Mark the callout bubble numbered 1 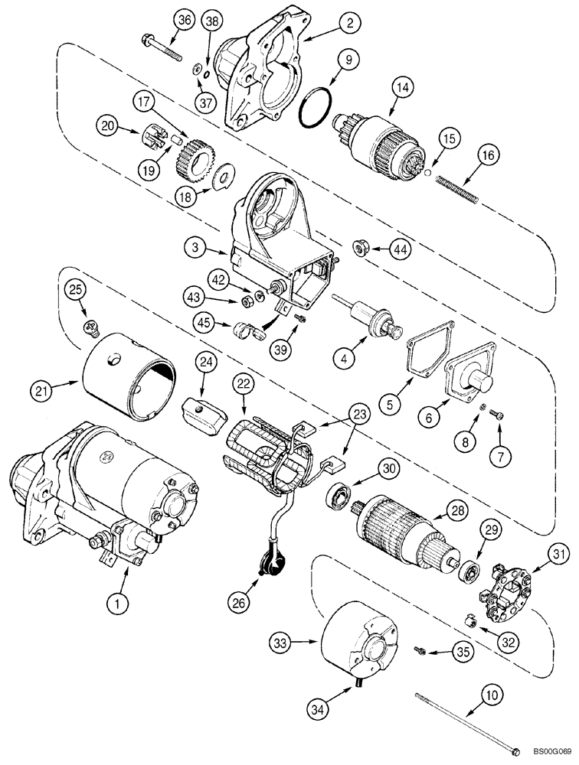pos(117,604)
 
